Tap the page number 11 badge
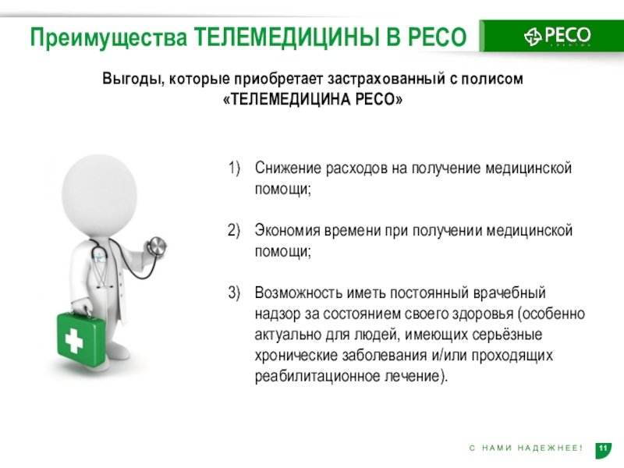(602, 448)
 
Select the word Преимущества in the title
(108, 37)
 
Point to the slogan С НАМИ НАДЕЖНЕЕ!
(526, 448)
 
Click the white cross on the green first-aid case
(75, 341)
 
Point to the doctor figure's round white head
(99, 192)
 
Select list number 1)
(235, 169)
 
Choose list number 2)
(235, 232)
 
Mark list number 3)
(235, 293)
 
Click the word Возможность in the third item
(297, 293)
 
